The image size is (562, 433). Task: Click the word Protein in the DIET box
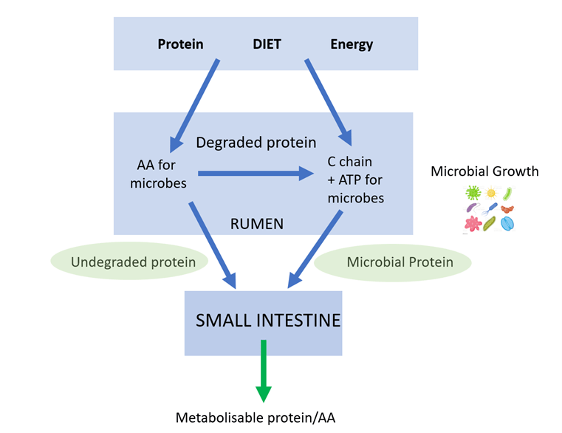(x=180, y=44)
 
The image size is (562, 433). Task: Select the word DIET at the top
(x=267, y=44)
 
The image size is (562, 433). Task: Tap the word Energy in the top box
(x=352, y=44)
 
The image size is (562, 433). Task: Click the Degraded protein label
(x=256, y=142)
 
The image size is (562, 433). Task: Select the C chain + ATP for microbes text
(x=355, y=180)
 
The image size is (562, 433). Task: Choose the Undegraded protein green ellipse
(x=123, y=262)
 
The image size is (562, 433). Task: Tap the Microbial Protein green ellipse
(x=394, y=262)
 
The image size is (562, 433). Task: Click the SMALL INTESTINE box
(x=263, y=321)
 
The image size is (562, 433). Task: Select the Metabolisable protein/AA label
(x=255, y=417)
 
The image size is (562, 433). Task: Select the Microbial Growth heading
(x=484, y=171)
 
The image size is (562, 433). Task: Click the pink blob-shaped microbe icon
(x=472, y=222)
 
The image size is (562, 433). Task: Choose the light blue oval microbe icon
(x=507, y=222)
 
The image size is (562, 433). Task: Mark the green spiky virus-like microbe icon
(x=472, y=193)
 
